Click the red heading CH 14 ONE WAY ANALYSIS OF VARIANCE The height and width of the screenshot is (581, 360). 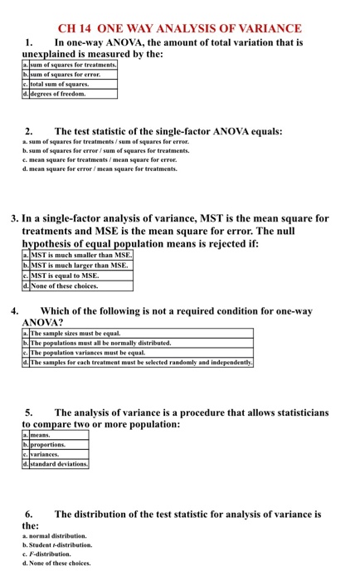point(179,28)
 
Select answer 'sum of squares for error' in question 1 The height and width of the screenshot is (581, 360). point(66,74)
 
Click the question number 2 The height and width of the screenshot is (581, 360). point(29,131)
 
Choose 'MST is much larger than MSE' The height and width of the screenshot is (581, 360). point(80,266)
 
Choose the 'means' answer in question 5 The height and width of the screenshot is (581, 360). point(41,434)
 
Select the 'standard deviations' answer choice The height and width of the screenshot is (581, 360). point(59,464)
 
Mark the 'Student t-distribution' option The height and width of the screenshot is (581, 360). point(61,544)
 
